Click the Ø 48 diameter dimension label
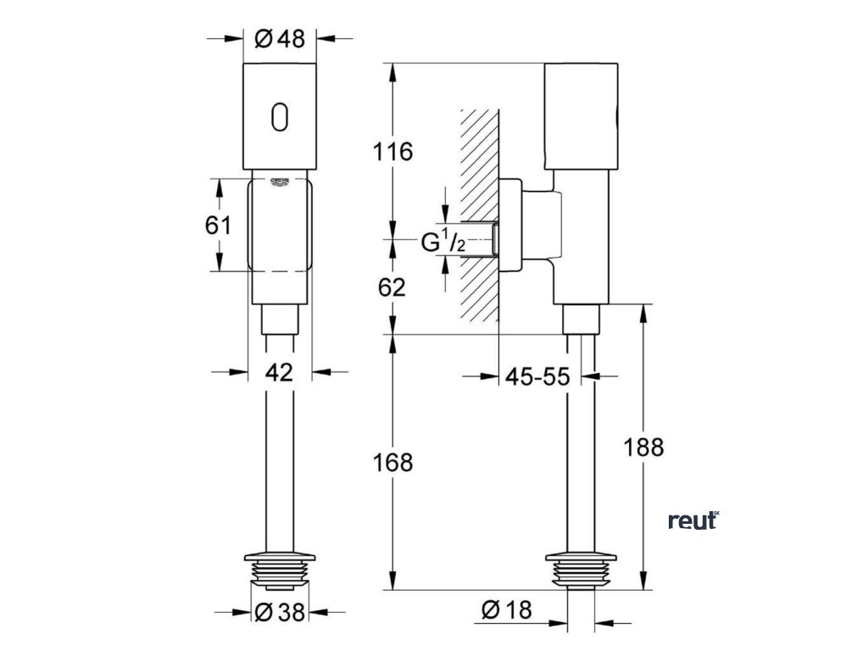coord(279,39)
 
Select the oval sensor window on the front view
coord(280,117)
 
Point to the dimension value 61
coord(218,225)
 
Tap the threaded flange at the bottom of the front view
coord(280,570)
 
